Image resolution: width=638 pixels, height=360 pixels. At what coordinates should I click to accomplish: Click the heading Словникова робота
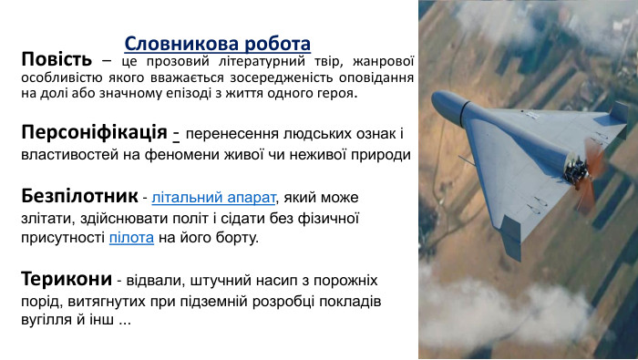[x=217, y=43]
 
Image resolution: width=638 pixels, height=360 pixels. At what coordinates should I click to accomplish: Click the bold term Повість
[x=57, y=60]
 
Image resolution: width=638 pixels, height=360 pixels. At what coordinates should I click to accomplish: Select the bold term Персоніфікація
[x=93, y=130]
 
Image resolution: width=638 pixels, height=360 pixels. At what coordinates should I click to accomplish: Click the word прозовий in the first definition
[x=181, y=61]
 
